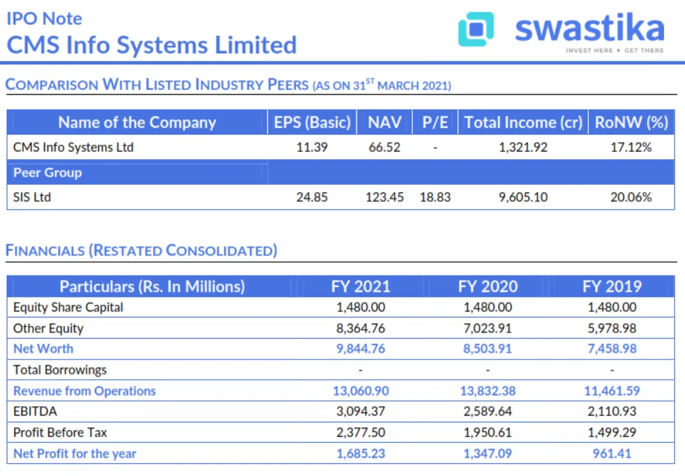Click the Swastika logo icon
click(476, 30)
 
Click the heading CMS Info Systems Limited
click(152, 45)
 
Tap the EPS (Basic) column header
click(312, 123)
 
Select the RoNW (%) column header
click(631, 123)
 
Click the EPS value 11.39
click(312, 147)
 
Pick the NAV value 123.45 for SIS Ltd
click(384, 197)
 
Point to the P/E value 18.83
click(435, 197)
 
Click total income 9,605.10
click(523, 197)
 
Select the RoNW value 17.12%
click(631, 147)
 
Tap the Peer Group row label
click(47, 173)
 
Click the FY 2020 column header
click(487, 286)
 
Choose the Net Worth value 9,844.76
click(361, 349)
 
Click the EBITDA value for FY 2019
click(612, 412)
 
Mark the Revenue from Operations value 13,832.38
click(487, 391)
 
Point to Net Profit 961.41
click(612, 454)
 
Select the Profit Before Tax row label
click(60, 433)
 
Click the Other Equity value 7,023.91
click(487, 328)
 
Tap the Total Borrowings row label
click(60, 370)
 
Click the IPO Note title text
click(44, 18)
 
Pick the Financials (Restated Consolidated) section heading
click(141, 251)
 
